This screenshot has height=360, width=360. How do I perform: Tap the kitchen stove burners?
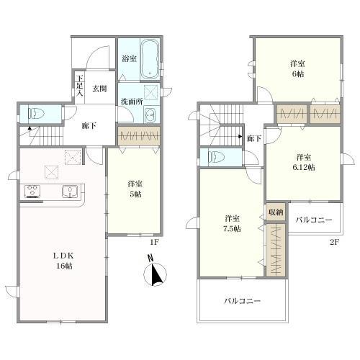[x=32, y=192]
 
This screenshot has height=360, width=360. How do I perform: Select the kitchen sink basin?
[x=70, y=192]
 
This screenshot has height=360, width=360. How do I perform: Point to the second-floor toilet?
[x=216, y=157]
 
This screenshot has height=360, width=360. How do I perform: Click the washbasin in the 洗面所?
[x=150, y=115]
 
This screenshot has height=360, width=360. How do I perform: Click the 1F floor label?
[x=154, y=242]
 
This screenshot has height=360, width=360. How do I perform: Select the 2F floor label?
[x=333, y=242]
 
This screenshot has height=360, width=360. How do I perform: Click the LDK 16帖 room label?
[x=64, y=261]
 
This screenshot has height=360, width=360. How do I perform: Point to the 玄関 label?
[x=99, y=89]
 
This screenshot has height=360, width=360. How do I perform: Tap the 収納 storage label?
[x=276, y=212]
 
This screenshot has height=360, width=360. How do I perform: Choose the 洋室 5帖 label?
[x=135, y=189]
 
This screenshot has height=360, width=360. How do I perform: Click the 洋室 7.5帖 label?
[x=233, y=224]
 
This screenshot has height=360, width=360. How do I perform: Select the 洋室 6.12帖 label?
[x=304, y=163]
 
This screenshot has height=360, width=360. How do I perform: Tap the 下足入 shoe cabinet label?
[x=80, y=86]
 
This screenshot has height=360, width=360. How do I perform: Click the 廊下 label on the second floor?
[x=254, y=139]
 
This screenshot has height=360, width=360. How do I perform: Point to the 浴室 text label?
[x=130, y=58]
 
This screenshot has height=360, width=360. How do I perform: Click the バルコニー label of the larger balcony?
[x=243, y=301]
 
